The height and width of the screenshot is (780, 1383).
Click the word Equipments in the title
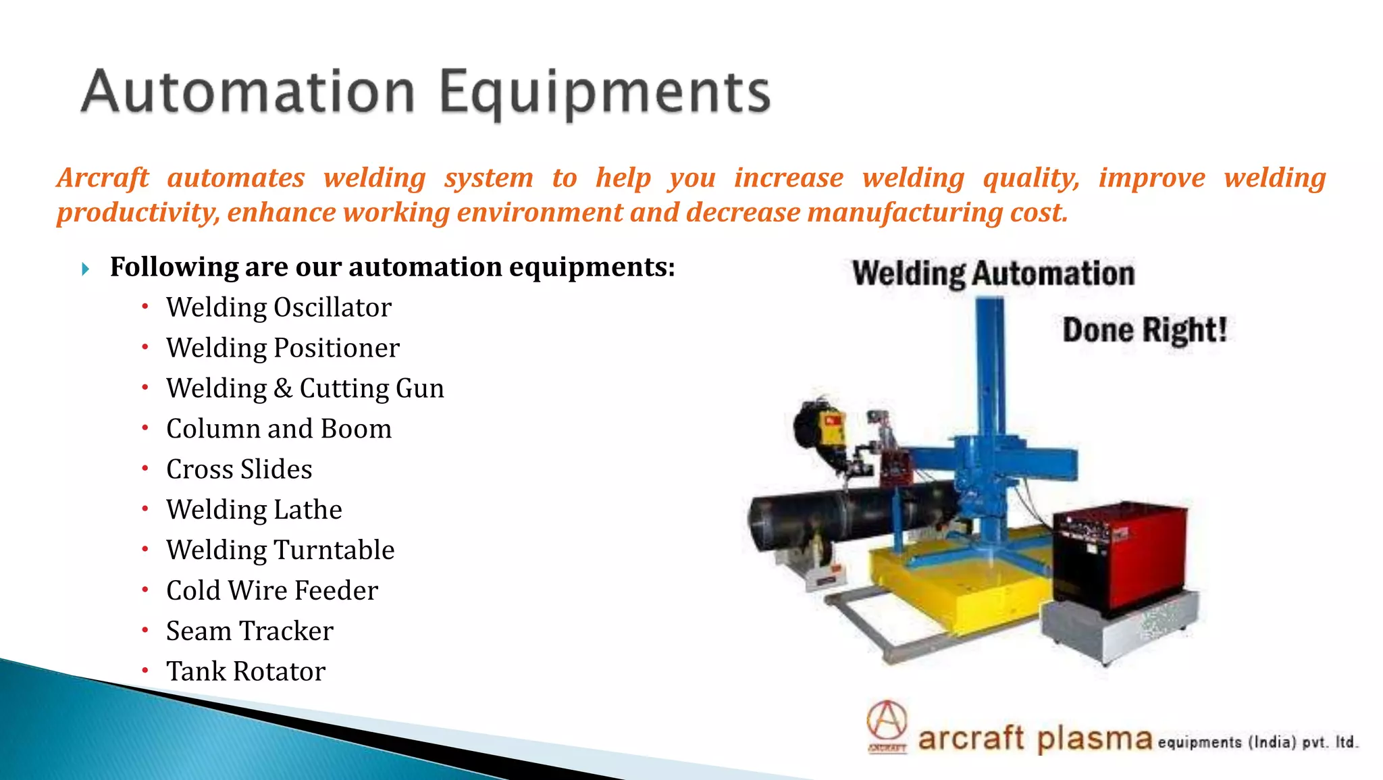coord(604,93)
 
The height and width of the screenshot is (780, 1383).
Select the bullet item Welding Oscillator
coord(278,308)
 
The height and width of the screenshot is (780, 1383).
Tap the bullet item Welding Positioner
coord(282,348)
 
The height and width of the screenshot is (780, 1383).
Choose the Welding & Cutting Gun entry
coord(305,389)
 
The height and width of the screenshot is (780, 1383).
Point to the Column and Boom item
coord(278,430)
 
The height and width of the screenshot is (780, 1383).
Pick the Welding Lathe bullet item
coord(254,510)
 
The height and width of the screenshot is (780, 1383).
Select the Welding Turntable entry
coord(280,550)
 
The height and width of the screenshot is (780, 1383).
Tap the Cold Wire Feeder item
coord(271,591)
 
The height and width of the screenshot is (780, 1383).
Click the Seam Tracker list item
coord(249,631)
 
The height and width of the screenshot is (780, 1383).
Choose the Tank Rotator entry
coord(246,672)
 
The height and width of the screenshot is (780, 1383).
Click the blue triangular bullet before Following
coord(85,269)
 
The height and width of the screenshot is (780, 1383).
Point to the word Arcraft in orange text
coord(103,178)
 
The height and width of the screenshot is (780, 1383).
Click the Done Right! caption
coord(1144,331)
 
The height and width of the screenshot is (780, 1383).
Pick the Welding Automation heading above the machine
coord(993,274)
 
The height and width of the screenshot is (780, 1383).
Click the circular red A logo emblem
coord(887,721)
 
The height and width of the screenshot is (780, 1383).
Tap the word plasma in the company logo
coord(1094,739)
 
